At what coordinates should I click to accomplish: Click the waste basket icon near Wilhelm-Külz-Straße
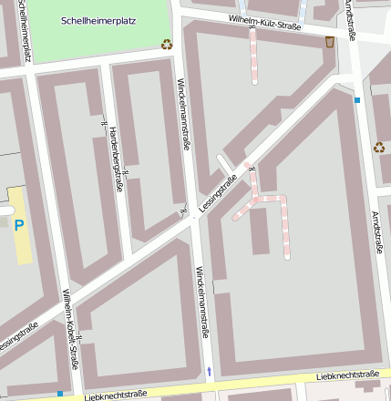(329, 41)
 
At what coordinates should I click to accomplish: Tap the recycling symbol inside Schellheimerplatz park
(167, 43)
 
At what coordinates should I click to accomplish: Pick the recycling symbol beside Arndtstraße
(379, 147)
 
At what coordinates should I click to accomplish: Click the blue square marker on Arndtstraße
(358, 99)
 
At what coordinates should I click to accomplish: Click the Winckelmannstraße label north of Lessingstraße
(186, 113)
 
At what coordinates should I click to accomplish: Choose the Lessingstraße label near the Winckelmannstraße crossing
(219, 193)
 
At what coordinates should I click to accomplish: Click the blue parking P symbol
(19, 223)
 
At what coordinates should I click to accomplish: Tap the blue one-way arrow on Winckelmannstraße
(209, 371)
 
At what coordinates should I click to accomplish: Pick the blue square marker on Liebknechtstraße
(60, 394)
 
